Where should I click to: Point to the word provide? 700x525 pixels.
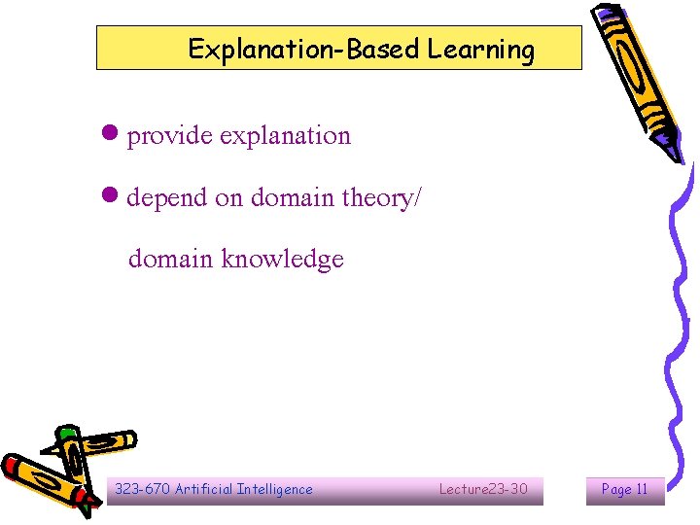tap(170, 136)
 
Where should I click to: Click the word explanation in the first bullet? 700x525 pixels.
tap(285, 136)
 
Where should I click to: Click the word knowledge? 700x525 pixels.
tap(283, 260)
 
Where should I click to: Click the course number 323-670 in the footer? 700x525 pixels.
tap(142, 489)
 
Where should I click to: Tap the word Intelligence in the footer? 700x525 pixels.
tap(276, 489)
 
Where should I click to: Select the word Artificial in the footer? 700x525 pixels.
tap(205, 489)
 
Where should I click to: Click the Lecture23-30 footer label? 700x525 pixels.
tap(483, 489)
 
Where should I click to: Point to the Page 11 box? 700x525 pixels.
tap(624, 489)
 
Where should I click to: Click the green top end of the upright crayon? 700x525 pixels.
tap(66, 432)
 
